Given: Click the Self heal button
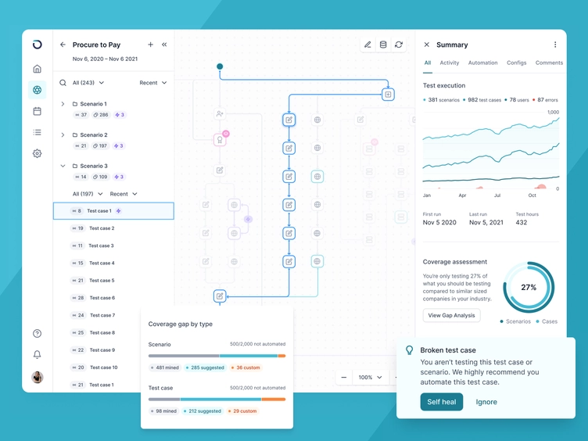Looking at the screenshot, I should pos(441,402).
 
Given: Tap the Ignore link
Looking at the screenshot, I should pos(486,402).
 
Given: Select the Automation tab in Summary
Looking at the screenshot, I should pos(482,63).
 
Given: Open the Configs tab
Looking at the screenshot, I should pos(516,63).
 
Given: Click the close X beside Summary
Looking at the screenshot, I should pos(426,45).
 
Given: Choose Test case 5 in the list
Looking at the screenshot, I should pos(102,281).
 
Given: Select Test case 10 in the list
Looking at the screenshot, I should pos(103,367).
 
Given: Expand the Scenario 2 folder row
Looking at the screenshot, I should pos(63,134).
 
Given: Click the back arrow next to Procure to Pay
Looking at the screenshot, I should pos(63,45).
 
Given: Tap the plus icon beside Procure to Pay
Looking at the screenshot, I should pos(151,45).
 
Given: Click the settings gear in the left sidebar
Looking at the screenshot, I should pos(37,153).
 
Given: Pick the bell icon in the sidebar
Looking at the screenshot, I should pos(37,354).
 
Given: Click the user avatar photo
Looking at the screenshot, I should pos(37,378).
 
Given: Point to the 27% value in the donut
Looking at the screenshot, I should pos(529,287).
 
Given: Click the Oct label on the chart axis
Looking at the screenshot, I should pos(532,195).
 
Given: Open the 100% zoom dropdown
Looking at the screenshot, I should pos(371,378).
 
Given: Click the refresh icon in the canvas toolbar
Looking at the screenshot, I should pos(399,45).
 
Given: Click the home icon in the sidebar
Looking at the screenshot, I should pos(37,69).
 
